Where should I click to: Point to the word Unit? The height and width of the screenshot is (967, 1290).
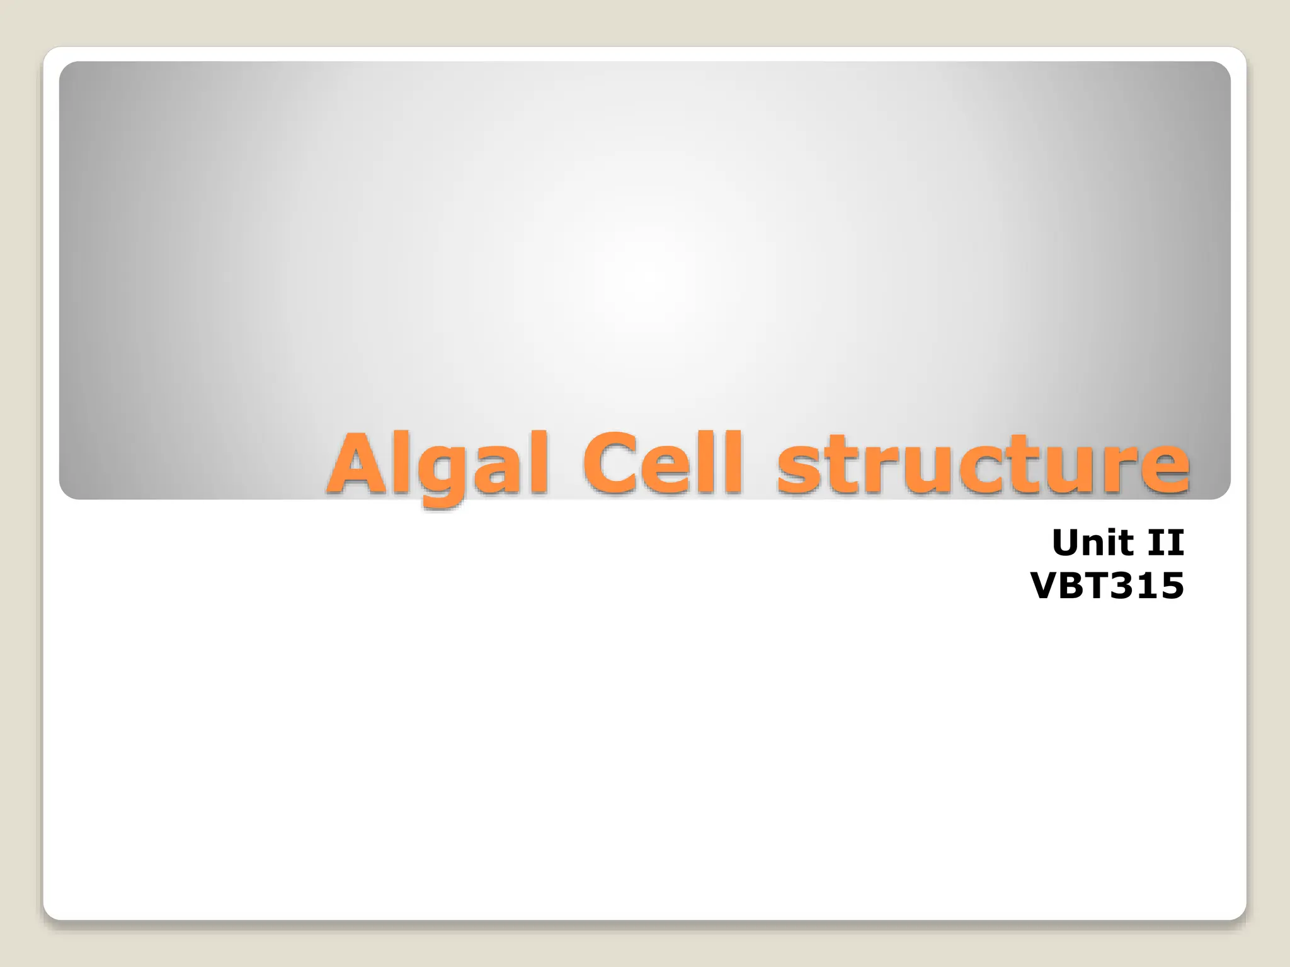[1094, 543]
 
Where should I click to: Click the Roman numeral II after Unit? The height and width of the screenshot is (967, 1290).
[1166, 543]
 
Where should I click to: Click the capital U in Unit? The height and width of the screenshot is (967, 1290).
[1068, 543]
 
